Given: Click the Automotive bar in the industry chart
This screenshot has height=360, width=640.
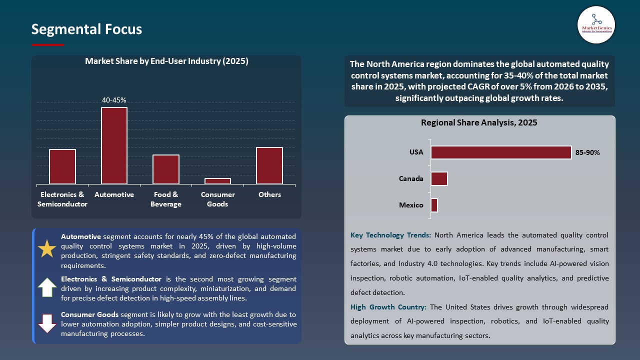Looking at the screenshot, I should click(x=114, y=145).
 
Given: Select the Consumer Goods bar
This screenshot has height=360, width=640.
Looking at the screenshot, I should click(x=217, y=181).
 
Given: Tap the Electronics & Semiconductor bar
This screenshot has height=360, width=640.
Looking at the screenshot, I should click(x=62, y=166).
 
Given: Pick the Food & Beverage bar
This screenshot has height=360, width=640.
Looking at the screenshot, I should click(x=166, y=169).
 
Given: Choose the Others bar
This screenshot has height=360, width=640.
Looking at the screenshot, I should click(x=269, y=165).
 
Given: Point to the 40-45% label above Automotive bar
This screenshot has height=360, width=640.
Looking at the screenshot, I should click(x=114, y=100).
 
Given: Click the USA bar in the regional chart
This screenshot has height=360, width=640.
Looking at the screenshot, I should click(x=501, y=152).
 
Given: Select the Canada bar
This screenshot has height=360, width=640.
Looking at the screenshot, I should click(x=439, y=178).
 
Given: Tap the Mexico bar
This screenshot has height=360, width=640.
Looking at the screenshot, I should click(x=434, y=205).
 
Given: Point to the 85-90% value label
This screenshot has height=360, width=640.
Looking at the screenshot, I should click(x=587, y=152).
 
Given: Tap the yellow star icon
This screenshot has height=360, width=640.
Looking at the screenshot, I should click(x=47, y=248).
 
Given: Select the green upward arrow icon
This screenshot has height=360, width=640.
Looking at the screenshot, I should click(x=47, y=287).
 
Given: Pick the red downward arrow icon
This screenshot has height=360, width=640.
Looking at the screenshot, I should click(x=47, y=323).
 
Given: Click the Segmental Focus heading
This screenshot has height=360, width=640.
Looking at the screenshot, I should click(x=86, y=29).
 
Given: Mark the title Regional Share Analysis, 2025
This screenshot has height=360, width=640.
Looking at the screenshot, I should click(x=479, y=122).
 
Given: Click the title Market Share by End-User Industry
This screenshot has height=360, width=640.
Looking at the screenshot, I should click(x=166, y=61).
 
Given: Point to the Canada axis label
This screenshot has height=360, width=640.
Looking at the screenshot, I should click(x=411, y=178).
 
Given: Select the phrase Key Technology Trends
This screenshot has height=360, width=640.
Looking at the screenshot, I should click(x=390, y=235).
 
